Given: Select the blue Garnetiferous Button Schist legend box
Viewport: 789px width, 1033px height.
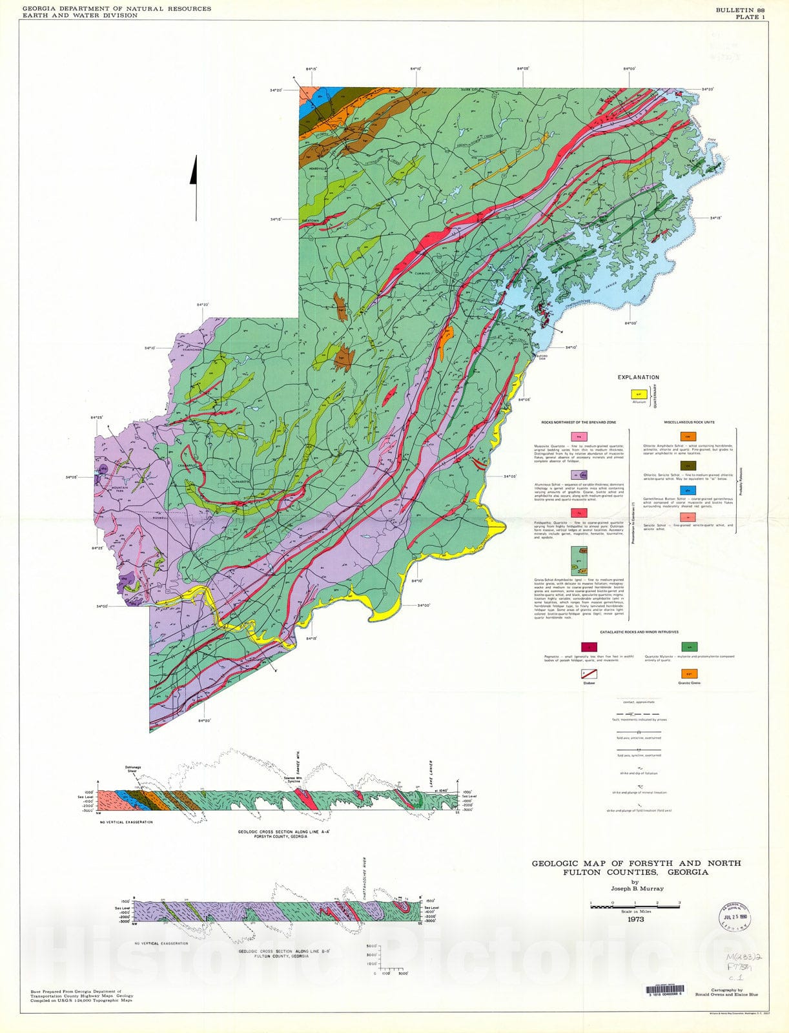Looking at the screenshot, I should [688, 490].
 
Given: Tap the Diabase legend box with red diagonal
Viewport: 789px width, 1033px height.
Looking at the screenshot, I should [589, 674].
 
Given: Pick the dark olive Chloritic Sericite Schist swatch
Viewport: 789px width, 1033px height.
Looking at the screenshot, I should [688, 465].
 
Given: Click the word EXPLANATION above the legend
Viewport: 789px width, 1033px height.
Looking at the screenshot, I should [638, 377].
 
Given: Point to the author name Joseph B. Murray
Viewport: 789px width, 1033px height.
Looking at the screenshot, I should [635, 888].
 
